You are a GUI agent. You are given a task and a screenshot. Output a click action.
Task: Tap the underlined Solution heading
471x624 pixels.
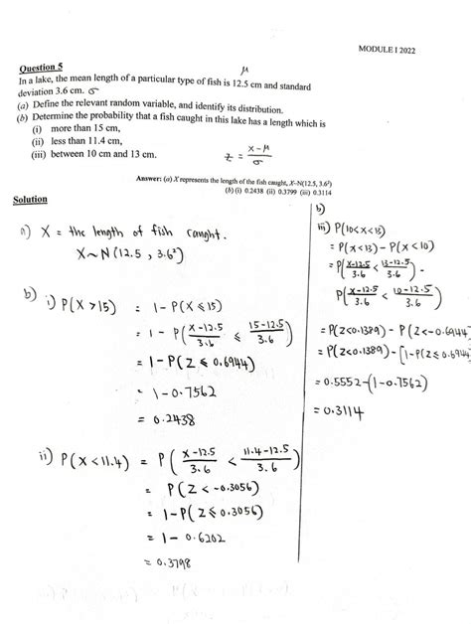(31, 200)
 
